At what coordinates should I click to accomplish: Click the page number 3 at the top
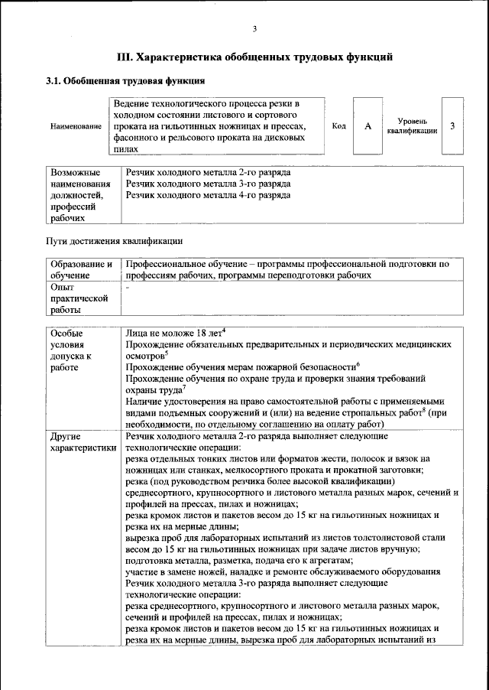254,29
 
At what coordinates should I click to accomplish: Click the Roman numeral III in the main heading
125,57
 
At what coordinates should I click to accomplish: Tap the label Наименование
76,126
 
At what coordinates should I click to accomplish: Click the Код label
338,125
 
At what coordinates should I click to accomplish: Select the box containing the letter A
368,125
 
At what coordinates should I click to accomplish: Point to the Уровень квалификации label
412,126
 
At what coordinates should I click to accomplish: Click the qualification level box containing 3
452,125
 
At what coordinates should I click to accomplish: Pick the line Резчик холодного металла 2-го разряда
208,173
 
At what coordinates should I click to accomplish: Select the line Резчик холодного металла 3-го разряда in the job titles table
208,184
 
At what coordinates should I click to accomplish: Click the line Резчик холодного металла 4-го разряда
208,196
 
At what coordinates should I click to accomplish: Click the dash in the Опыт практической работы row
128,287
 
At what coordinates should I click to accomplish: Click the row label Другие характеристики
81,441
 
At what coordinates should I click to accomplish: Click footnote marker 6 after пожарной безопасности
358,364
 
